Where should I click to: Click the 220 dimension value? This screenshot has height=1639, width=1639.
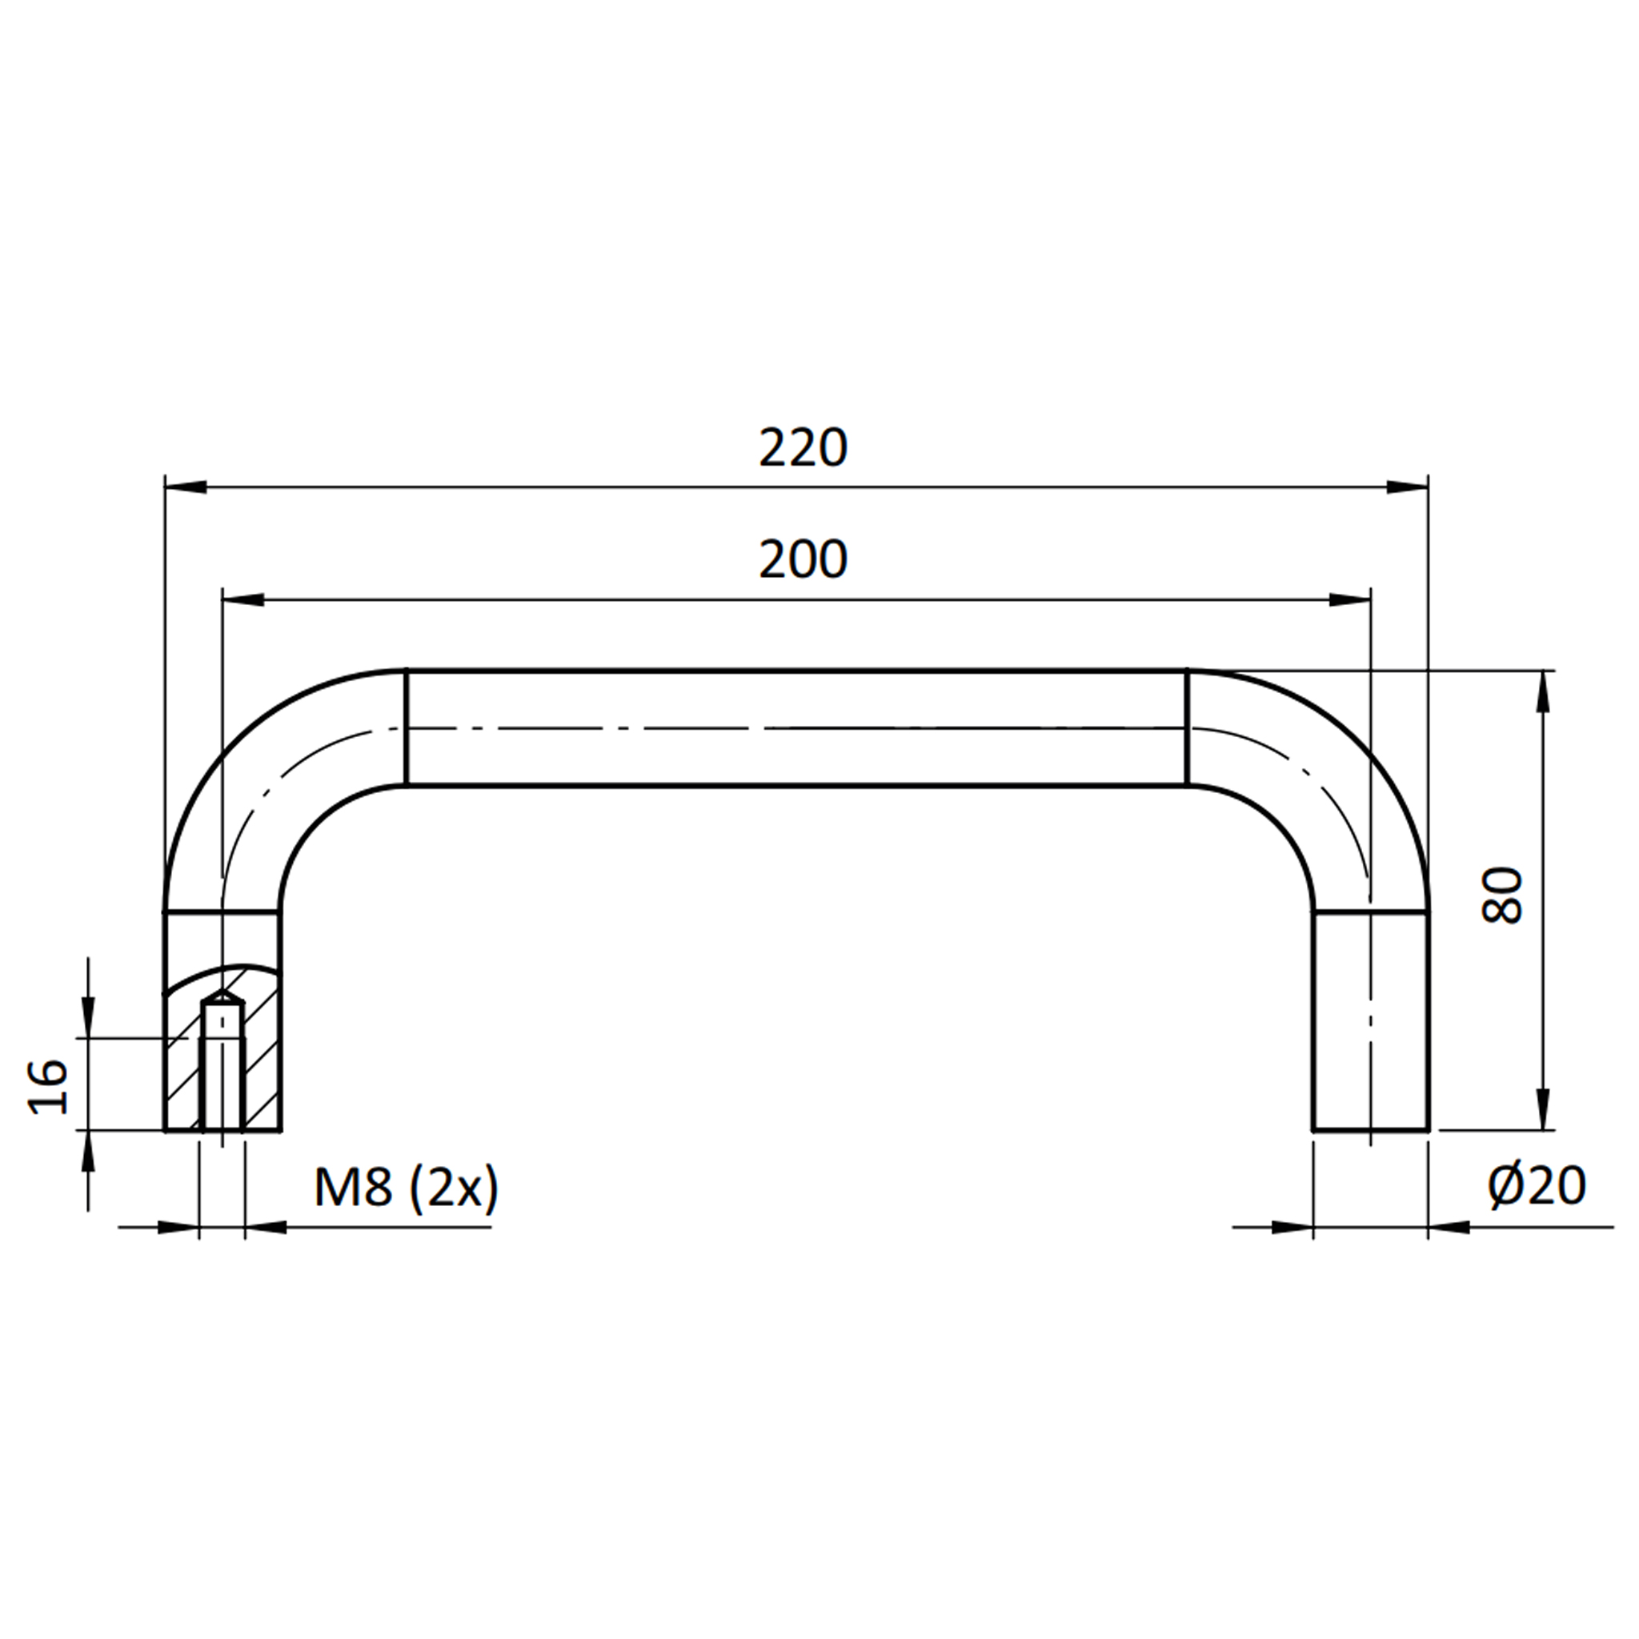tap(803, 448)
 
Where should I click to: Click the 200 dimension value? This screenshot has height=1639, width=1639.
tap(803, 560)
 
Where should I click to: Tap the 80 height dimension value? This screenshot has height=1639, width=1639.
tap(1501, 896)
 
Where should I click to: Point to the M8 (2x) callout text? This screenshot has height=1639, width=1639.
tap(407, 1188)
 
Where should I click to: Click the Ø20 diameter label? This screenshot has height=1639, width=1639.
tap(1537, 1186)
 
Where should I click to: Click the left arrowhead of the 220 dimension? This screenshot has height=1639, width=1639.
tap(186, 487)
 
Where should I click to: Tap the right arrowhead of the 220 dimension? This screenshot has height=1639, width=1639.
tap(1408, 487)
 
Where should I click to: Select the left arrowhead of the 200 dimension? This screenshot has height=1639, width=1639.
tap(242, 599)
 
